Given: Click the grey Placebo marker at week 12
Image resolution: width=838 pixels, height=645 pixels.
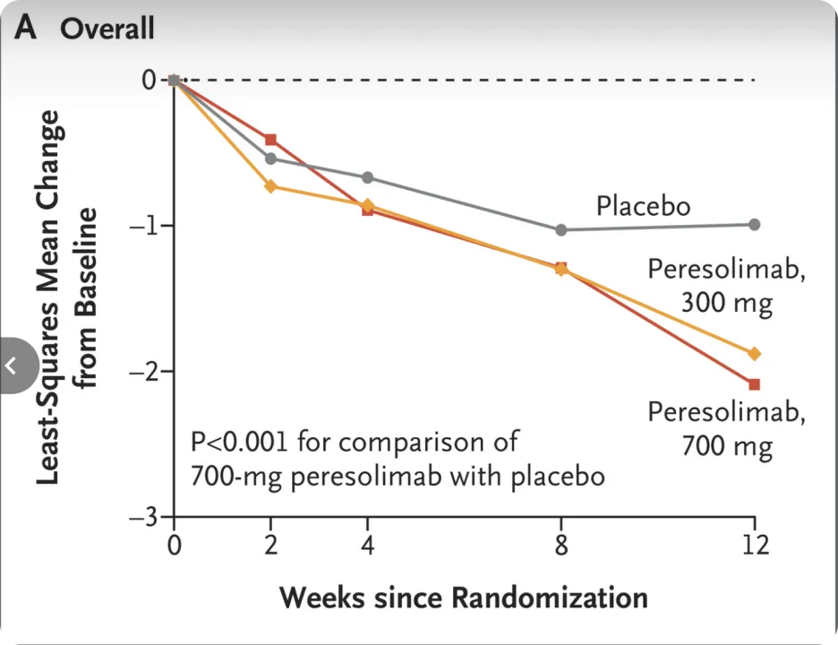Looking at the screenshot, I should (x=754, y=224).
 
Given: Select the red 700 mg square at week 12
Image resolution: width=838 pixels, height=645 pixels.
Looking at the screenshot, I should (x=754, y=384).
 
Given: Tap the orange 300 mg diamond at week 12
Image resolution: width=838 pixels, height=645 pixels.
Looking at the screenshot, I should (x=754, y=354).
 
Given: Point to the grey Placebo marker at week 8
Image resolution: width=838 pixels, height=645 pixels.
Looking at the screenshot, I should (x=561, y=230).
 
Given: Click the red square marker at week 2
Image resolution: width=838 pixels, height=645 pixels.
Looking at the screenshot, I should (x=271, y=140).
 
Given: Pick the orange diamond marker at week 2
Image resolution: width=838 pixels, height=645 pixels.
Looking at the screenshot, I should (x=271, y=186).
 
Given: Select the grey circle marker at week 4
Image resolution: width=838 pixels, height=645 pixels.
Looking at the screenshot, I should (x=367, y=177).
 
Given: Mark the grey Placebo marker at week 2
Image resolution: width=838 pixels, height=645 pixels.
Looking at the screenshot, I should (x=271, y=159).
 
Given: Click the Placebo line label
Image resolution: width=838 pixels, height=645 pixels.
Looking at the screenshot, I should (x=644, y=207).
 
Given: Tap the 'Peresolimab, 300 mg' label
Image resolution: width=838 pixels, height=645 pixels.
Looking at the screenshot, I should (x=726, y=286).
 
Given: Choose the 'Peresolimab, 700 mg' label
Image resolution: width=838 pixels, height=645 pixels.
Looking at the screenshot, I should (x=726, y=428).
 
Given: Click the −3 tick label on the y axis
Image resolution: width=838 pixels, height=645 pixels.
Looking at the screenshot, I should (x=144, y=517).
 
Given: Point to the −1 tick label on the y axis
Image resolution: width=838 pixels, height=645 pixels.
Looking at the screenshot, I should (x=144, y=225).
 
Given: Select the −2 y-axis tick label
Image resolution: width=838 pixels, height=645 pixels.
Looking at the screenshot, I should (x=144, y=371).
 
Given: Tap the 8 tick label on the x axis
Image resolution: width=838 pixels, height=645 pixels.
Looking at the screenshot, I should (x=561, y=544).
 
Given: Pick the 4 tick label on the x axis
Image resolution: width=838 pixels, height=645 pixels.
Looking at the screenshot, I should (x=367, y=544).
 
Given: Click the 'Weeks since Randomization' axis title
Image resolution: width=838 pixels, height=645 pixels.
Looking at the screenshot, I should (x=464, y=597).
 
